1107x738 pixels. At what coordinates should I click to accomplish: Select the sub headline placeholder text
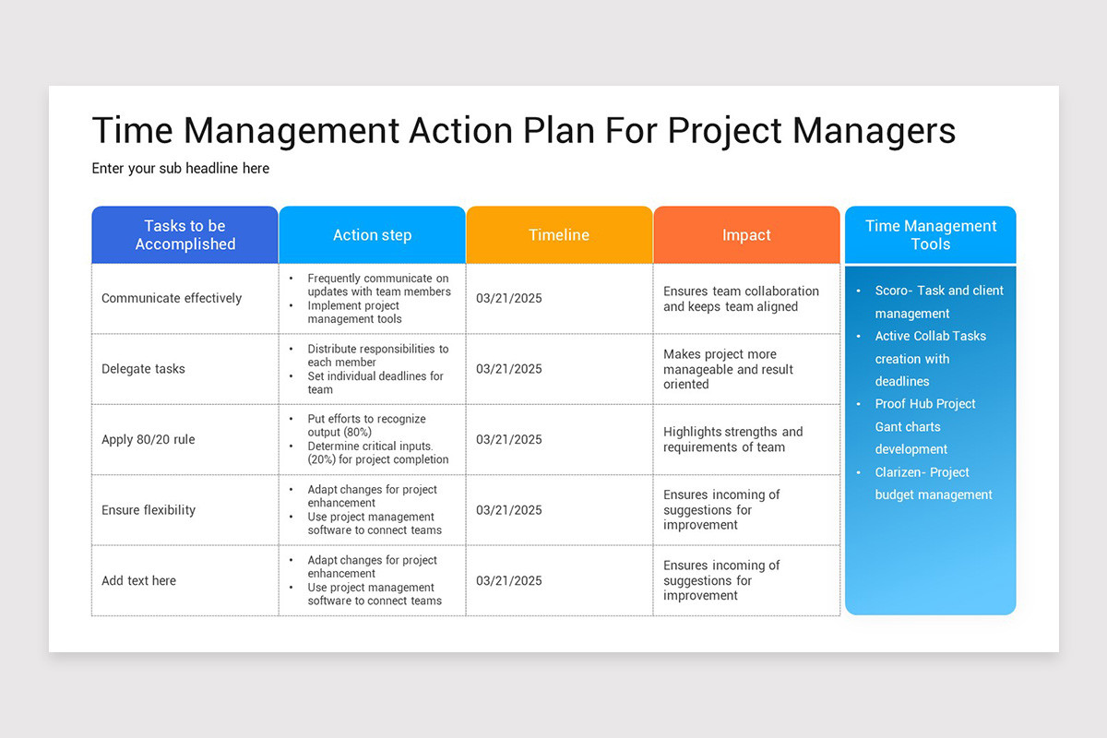[181, 169]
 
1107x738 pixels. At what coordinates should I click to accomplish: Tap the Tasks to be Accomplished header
[185, 235]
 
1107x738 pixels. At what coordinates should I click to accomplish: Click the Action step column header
[372, 235]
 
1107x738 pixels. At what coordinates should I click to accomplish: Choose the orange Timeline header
[559, 235]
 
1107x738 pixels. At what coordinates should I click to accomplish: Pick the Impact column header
[746, 235]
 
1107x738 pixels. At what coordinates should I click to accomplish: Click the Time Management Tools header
[930, 235]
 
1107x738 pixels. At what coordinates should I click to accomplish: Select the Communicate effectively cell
[172, 298]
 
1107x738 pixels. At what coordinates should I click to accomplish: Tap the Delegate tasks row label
[143, 369]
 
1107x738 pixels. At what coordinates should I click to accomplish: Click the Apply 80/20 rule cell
[149, 439]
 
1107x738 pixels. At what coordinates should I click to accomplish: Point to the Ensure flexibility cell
[149, 510]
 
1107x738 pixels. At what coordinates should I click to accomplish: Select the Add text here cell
[138, 580]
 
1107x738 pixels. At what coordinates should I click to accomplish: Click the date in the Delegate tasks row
[509, 369]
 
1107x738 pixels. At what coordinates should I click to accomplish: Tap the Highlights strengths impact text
[732, 439]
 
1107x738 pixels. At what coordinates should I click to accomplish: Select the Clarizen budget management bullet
[933, 483]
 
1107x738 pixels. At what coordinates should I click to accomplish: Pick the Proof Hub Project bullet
[924, 426]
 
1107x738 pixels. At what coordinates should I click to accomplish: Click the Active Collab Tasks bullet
[930, 358]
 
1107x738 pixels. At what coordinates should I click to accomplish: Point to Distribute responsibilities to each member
[377, 355]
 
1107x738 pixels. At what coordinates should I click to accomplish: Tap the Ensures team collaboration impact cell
[741, 298]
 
